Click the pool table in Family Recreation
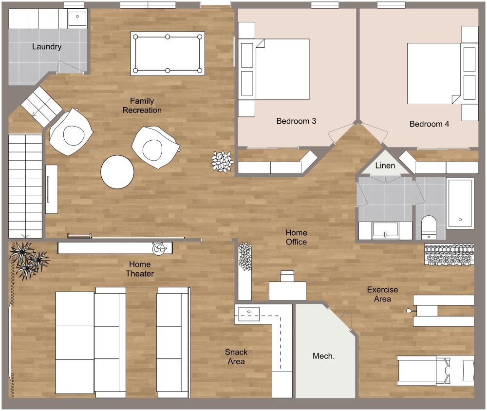pos(168,53)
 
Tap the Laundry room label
pos(47,47)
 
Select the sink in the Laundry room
pos(77,19)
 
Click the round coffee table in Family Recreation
pos(117,172)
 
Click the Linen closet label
pos(385,166)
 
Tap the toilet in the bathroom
pos(429,227)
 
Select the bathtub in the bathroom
pos(460,203)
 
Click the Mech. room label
pos(323,356)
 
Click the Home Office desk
pos(287,290)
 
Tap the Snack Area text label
pos(236,356)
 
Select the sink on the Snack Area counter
pos(249,312)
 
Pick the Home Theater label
pos(140,269)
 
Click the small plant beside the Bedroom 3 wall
pos(222,161)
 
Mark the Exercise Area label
pos(382,294)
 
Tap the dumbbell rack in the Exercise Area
pos(449,255)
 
